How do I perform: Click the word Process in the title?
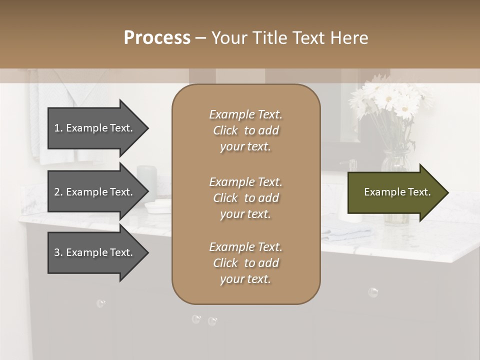click(x=157, y=38)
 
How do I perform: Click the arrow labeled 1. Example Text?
click(x=95, y=128)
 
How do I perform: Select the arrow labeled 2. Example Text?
click(x=95, y=192)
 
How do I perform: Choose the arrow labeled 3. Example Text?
click(x=95, y=252)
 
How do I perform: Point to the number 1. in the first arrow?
click(x=58, y=128)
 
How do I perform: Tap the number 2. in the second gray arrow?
click(x=58, y=192)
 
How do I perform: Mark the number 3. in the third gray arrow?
click(x=58, y=252)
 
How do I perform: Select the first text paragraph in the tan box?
click(x=245, y=130)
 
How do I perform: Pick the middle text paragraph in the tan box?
click(x=245, y=198)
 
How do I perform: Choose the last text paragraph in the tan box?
click(x=245, y=263)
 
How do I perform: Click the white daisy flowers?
click(x=390, y=100)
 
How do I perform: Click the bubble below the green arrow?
click(x=372, y=292)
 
